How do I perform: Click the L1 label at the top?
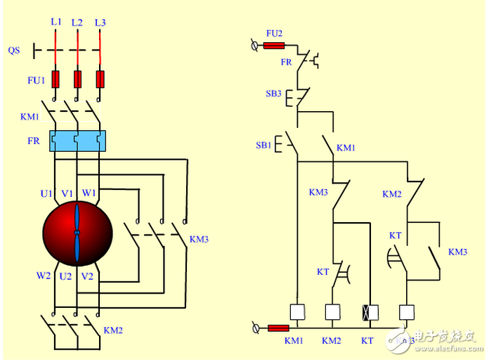[x=56, y=22]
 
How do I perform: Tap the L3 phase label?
[x=100, y=22]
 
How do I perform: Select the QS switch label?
[x=14, y=51]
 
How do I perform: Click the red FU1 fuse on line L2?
[x=78, y=78]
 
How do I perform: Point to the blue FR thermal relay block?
[x=77, y=141]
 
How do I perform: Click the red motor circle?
[x=77, y=231]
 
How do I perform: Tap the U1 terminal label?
[x=46, y=193]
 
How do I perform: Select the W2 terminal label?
[x=44, y=276]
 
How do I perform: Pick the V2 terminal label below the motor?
[x=87, y=276]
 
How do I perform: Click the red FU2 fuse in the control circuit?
[x=273, y=46]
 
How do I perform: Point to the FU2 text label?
[x=274, y=33]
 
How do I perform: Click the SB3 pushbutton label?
[x=274, y=94]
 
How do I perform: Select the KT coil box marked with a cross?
[x=368, y=312]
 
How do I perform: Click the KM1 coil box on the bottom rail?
[x=297, y=312]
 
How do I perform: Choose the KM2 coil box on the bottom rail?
[x=332, y=312]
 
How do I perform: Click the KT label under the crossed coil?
[x=367, y=341]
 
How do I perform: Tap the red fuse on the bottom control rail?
[x=278, y=328]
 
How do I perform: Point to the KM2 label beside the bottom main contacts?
[x=113, y=330]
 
